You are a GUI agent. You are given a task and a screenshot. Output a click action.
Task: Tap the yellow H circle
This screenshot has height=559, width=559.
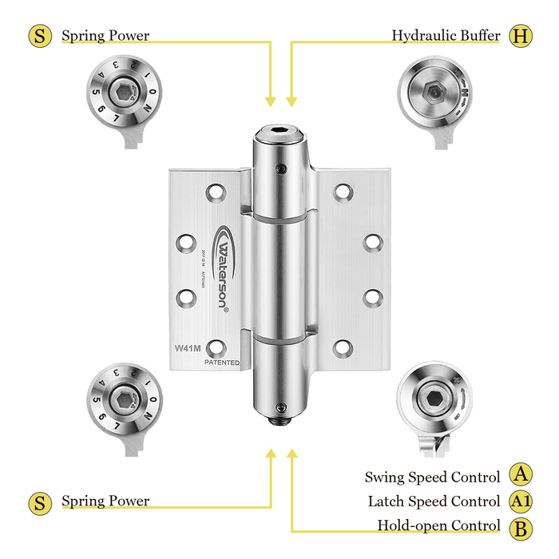(x=521, y=36)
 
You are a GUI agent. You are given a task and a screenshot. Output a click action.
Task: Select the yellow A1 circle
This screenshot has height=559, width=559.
(x=521, y=502)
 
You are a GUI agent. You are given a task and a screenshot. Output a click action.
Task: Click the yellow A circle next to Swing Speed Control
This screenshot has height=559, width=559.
(x=521, y=476)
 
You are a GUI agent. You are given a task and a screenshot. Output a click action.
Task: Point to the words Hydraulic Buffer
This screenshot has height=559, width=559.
(x=446, y=36)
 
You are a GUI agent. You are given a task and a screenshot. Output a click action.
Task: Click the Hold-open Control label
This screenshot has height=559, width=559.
(x=438, y=526)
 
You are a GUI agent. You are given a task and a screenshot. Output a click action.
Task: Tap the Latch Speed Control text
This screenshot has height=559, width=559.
(x=434, y=502)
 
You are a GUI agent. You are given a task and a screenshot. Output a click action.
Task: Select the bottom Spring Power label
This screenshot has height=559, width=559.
(x=105, y=502)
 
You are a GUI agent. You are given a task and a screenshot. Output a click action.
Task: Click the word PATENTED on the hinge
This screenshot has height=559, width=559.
(x=221, y=362)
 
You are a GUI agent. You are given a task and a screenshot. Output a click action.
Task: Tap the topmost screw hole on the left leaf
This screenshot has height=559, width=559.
(x=216, y=192)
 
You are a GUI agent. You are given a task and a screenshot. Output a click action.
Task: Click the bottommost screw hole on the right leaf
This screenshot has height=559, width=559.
(x=343, y=347)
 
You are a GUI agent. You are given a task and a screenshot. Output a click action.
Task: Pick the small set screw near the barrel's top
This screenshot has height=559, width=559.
(x=282, y=168)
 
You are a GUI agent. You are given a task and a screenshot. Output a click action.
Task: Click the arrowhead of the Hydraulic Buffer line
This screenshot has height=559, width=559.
(x=291, y=101)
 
